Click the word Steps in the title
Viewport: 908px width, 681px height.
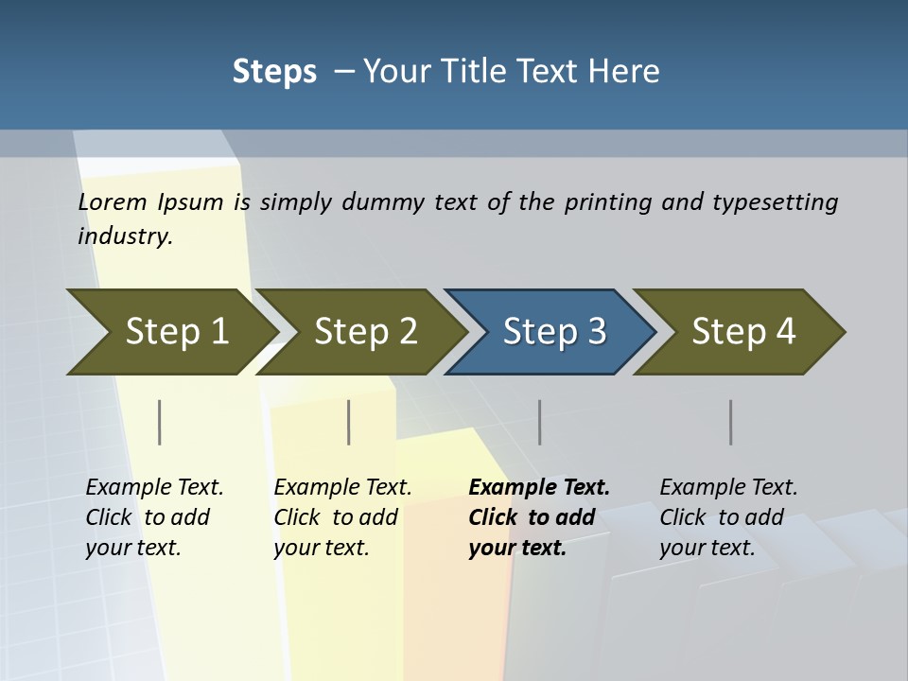pyautogui.click(x=274, y=71)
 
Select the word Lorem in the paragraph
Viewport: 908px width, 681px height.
pyautogui.click(x=113, y=201)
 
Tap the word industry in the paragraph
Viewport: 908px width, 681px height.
pyautogui.click(x=123, y=236)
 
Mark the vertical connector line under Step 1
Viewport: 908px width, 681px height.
pyautogui.click(x=160, y=422)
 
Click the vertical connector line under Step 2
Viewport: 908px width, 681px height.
pyautogui.click(x=349, y=422)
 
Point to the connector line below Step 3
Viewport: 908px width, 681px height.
pyautogui.click(x=539, y=422)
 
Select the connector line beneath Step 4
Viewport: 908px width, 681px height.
pyautogui.click(x=730, y=422)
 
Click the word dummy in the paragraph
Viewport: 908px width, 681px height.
pyautogui.click(x=383, y=201)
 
